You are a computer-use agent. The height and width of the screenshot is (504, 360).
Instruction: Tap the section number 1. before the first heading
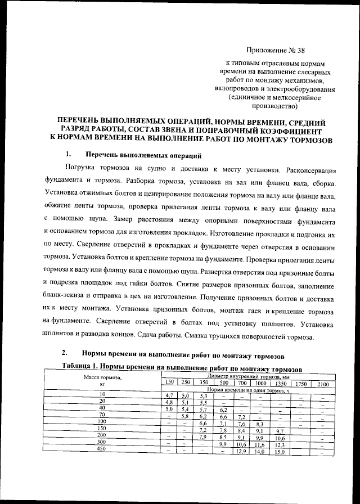[x=68, y=154]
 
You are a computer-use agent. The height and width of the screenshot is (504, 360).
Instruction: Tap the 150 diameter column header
[x=168, y=382]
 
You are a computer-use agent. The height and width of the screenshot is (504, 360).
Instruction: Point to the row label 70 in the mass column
[x=102, y=415]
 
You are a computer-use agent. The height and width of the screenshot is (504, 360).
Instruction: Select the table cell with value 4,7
[x=168, y=395]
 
